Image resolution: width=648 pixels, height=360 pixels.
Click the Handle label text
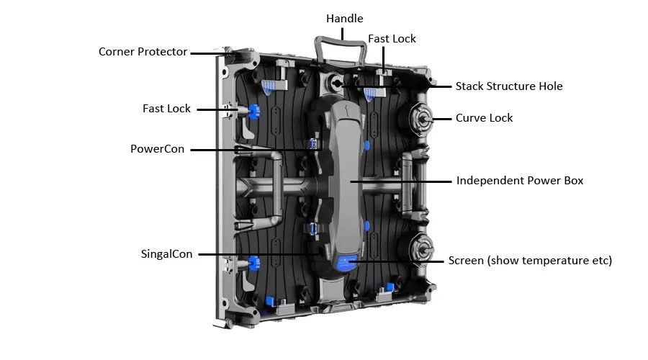[344, 18]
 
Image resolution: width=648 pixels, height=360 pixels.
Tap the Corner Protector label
[143, 52]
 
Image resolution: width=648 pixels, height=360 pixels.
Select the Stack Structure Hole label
[509, 86]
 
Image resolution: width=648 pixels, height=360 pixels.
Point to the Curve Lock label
[484, 117]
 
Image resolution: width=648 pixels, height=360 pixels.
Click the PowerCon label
[157, 149]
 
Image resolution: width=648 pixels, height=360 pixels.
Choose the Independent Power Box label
[520, 181]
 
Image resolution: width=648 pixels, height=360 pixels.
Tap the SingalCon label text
[166, 254]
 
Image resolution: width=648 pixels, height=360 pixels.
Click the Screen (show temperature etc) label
[530, 261]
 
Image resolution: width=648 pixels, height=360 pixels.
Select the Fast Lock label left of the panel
[166, 109]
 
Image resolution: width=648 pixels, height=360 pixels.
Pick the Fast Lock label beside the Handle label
[392, 38]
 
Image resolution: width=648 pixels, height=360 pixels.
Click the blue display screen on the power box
[349, 261]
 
